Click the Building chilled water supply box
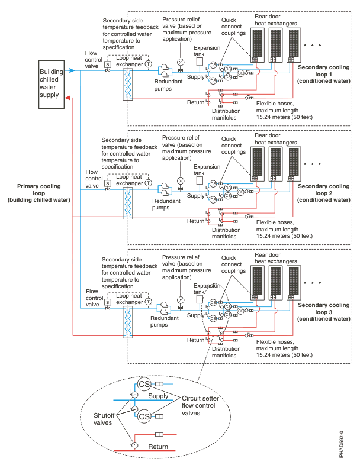(x=54, y=84)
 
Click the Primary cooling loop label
(x=39, y=193)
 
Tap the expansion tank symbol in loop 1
(x=200, y=62)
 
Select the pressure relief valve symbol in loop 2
(x=181, y=179)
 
